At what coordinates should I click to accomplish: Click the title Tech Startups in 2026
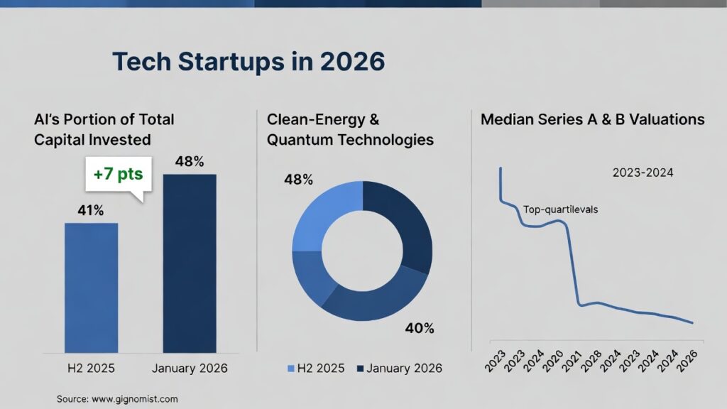pyautogui.click(x=248, y=62)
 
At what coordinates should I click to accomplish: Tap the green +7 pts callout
pyautogui.click(x=119, y=173)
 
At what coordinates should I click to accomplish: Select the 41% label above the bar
pyautogui.click(x=91, y=211)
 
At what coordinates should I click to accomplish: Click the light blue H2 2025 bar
pyautogui.click(x=92, y=288)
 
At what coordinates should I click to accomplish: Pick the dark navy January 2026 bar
pyautogui.click(x=190, y=263)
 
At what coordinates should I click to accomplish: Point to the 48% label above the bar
pyautogui.click(x=190, y=161)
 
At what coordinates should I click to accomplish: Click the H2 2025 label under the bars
pyautogui.click(x=92, y=368)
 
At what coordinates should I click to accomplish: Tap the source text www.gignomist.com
pyautogui.click(x=117, y=399)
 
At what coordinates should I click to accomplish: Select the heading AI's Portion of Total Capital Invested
pyautogui.click(x=104, y=129)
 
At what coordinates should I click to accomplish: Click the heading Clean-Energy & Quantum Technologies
pyautogui.click(x=350, y=129)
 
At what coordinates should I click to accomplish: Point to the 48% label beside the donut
pyautogui.click(x=298, y=180)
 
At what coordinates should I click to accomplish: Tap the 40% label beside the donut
pyautogui.click(x=419, y=328)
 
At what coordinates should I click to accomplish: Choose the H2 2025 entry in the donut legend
pyautogui.click(x=316, y=368)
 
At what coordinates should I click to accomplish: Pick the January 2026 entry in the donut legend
pyautogui.click(x=399, y=368)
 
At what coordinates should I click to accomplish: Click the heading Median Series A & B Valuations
pyautogui.click(x=593, y=119)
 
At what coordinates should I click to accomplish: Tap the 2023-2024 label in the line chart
pyautogui.click(x=643, y=172)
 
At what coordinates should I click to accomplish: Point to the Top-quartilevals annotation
pyautogui.click(x=560, y=209)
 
